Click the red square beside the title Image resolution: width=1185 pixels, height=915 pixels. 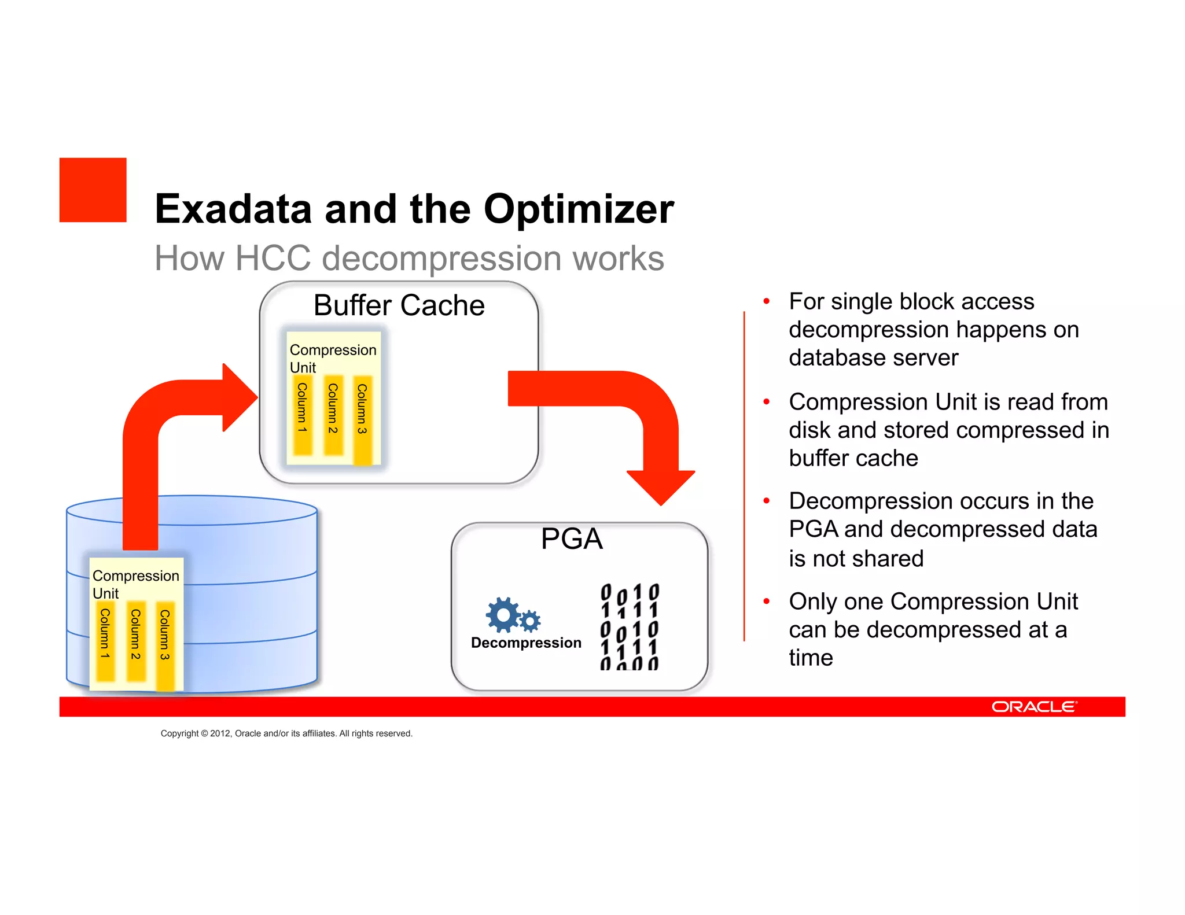93,190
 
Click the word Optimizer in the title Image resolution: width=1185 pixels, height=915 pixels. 578,209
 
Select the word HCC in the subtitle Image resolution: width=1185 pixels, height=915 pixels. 273,258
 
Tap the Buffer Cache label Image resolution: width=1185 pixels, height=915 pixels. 399,305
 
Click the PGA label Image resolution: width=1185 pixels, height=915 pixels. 572,539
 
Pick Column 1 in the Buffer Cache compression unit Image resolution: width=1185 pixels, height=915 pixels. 302,415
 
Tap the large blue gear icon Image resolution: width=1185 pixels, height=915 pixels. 502,614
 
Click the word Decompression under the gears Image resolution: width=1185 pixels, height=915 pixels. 525,643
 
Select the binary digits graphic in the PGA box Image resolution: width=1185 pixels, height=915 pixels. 630,626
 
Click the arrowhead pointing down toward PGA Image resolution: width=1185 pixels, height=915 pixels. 661,486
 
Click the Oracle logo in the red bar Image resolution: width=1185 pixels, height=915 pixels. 1034,707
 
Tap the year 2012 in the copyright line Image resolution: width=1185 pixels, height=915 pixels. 220,733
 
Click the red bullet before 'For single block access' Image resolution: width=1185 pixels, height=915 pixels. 766,301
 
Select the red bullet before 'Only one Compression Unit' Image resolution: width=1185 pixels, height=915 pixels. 766,602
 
